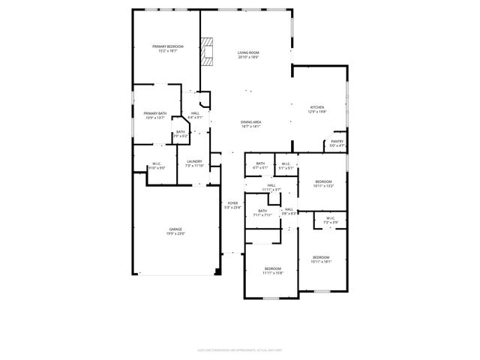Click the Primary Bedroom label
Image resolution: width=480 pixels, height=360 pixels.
point(167,46)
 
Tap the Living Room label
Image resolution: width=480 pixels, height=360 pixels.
point(248,53)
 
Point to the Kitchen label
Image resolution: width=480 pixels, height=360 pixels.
point(317,108)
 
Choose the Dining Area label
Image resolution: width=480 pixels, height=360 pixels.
point(250,121)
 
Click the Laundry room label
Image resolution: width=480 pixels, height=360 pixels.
point(194,161)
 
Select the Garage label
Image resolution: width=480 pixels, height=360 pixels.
point(175,229)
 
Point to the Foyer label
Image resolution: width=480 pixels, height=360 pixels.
point(233,203)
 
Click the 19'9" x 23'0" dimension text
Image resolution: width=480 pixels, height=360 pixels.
point(175,234)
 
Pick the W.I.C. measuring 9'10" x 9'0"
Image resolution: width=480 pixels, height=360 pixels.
point(157,165)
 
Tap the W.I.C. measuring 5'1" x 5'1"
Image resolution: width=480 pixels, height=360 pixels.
point(286,165)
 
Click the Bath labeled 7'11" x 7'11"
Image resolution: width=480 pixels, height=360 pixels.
point(262,213)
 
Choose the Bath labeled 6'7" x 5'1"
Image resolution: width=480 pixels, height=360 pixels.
point(260,165)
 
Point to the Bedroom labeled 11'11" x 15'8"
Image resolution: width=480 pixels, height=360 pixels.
point(271,270)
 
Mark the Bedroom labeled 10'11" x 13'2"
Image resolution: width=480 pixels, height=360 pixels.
point(323,183)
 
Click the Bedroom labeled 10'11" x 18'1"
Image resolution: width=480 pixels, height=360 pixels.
point(321,259)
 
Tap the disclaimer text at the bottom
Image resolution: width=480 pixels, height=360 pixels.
point(240,348)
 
